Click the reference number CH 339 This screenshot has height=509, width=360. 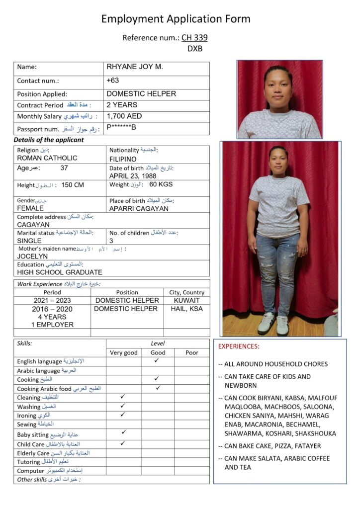(x=194, y=37)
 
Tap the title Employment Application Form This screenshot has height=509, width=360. (x=176, y=19)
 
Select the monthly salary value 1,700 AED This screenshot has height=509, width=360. (x=124, y=116)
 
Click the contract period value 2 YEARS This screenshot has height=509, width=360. (x=122, y=105)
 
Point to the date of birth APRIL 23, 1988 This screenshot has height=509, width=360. (x=133, y=176)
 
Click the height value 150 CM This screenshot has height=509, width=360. (x=73, y=185)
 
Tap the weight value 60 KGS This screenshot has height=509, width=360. (x=161, y=185)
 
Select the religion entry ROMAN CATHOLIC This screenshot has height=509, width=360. (x=47, y=158)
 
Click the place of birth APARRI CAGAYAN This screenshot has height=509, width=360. (x=139, y=208)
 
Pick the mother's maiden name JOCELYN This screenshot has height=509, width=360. (x=33, y=256)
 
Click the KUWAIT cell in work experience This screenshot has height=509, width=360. (x=186, y=300)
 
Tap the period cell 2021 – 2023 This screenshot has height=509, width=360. (x=52, y=300)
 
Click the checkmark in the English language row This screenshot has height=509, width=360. (x=157, y=360)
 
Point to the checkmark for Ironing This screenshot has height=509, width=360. (x=123, y=414)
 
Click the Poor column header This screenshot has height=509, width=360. (x=191, y=352)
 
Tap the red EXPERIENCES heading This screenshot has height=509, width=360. (x=239, y=346)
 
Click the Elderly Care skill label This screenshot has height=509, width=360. (x=53, y=453)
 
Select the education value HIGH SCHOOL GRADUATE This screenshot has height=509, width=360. (x=60, y=272)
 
